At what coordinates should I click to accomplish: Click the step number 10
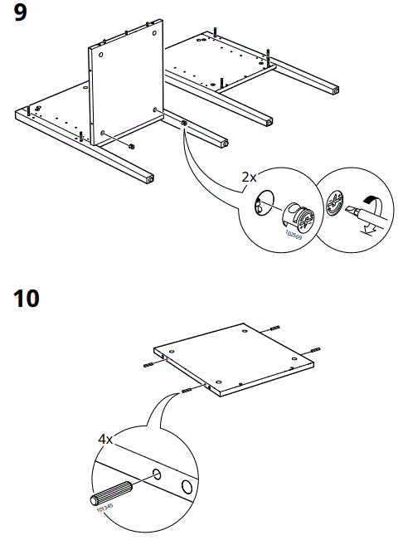pyautogui.click(x=27, y=298)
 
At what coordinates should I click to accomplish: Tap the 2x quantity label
pyautogui.click(x=249, y=177)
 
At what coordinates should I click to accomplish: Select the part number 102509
pyautogui.click(x=293, y=235)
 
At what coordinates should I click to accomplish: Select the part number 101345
pyautogui.click(x=104, y=508)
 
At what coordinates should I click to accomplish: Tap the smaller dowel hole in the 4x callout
pyautogui.click(x=156, y=475)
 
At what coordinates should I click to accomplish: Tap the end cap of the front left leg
pyautogui.click(x=148, y=178)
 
